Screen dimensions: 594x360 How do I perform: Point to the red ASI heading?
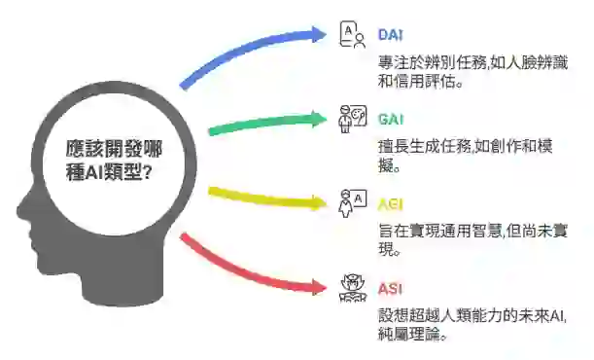tap(391, 288)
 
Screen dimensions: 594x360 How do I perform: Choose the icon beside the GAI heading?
tap(350, 120)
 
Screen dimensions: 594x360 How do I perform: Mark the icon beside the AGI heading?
tap(350, 204)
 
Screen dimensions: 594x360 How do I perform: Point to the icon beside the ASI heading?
tap(350, 289)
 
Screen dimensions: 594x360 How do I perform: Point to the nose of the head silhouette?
tap(21, 206)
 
